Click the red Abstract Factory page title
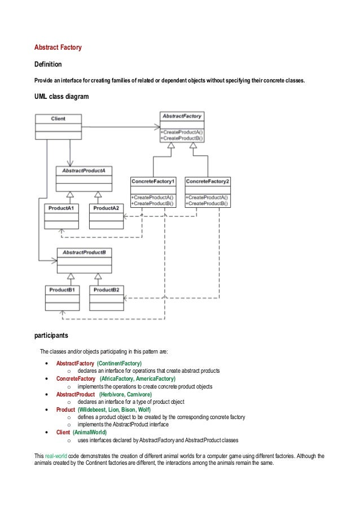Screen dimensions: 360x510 58,47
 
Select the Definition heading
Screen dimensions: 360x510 48,64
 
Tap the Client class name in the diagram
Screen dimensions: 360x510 58,119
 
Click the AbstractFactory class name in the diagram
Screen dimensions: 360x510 182,116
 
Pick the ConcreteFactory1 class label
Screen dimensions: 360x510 153,181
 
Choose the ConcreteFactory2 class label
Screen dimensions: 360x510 208,181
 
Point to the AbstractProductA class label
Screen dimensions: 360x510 84,171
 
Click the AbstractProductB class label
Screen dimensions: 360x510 84,252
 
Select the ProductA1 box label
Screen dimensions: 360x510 61,208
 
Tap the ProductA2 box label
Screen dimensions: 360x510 106,208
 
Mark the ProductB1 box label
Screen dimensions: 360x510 62,290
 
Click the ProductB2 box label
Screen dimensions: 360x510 107,290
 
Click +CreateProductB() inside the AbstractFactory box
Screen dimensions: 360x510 182,138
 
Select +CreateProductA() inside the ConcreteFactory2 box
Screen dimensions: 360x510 207,198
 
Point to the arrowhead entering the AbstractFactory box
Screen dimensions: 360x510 157,127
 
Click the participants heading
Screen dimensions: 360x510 51,335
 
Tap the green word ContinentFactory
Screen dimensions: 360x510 120,363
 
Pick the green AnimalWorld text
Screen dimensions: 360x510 90,432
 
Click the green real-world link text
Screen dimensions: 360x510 56,456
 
